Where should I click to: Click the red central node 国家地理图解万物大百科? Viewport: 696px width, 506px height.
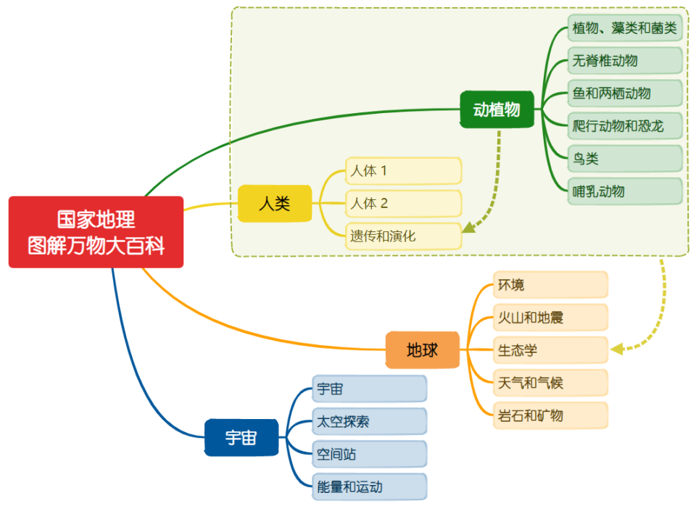[96, 232]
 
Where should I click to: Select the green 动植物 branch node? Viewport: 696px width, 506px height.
[497, 109]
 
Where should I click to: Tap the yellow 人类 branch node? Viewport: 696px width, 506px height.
[275, 204]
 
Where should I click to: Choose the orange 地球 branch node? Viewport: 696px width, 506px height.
[423, 350]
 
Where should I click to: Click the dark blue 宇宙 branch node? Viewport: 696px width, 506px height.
[241, 437]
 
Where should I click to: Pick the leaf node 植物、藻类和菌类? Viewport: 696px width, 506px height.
[624, 28]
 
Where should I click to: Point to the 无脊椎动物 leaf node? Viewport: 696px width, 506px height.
[624, 61]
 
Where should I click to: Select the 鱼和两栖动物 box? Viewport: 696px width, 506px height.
[624, 94]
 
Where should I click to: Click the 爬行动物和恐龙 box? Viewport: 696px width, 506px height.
[624, 126]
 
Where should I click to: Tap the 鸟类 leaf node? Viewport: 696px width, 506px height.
[624, 159]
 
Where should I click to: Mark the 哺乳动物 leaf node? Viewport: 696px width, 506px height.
[624, 191]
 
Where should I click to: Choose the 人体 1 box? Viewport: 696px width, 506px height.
[403, 171]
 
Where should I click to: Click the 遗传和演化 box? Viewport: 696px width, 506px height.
[403, 236]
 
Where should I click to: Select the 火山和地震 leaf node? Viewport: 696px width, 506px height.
[550, 318]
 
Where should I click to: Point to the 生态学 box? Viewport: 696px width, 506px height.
[550, 350]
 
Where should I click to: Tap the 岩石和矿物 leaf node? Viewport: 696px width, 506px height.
[550, 415]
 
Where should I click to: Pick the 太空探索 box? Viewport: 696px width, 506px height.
[370, 421]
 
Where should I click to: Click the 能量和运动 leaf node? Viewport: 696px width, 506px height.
[370, 486]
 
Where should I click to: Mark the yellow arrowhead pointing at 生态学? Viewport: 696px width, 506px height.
[617, 349]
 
